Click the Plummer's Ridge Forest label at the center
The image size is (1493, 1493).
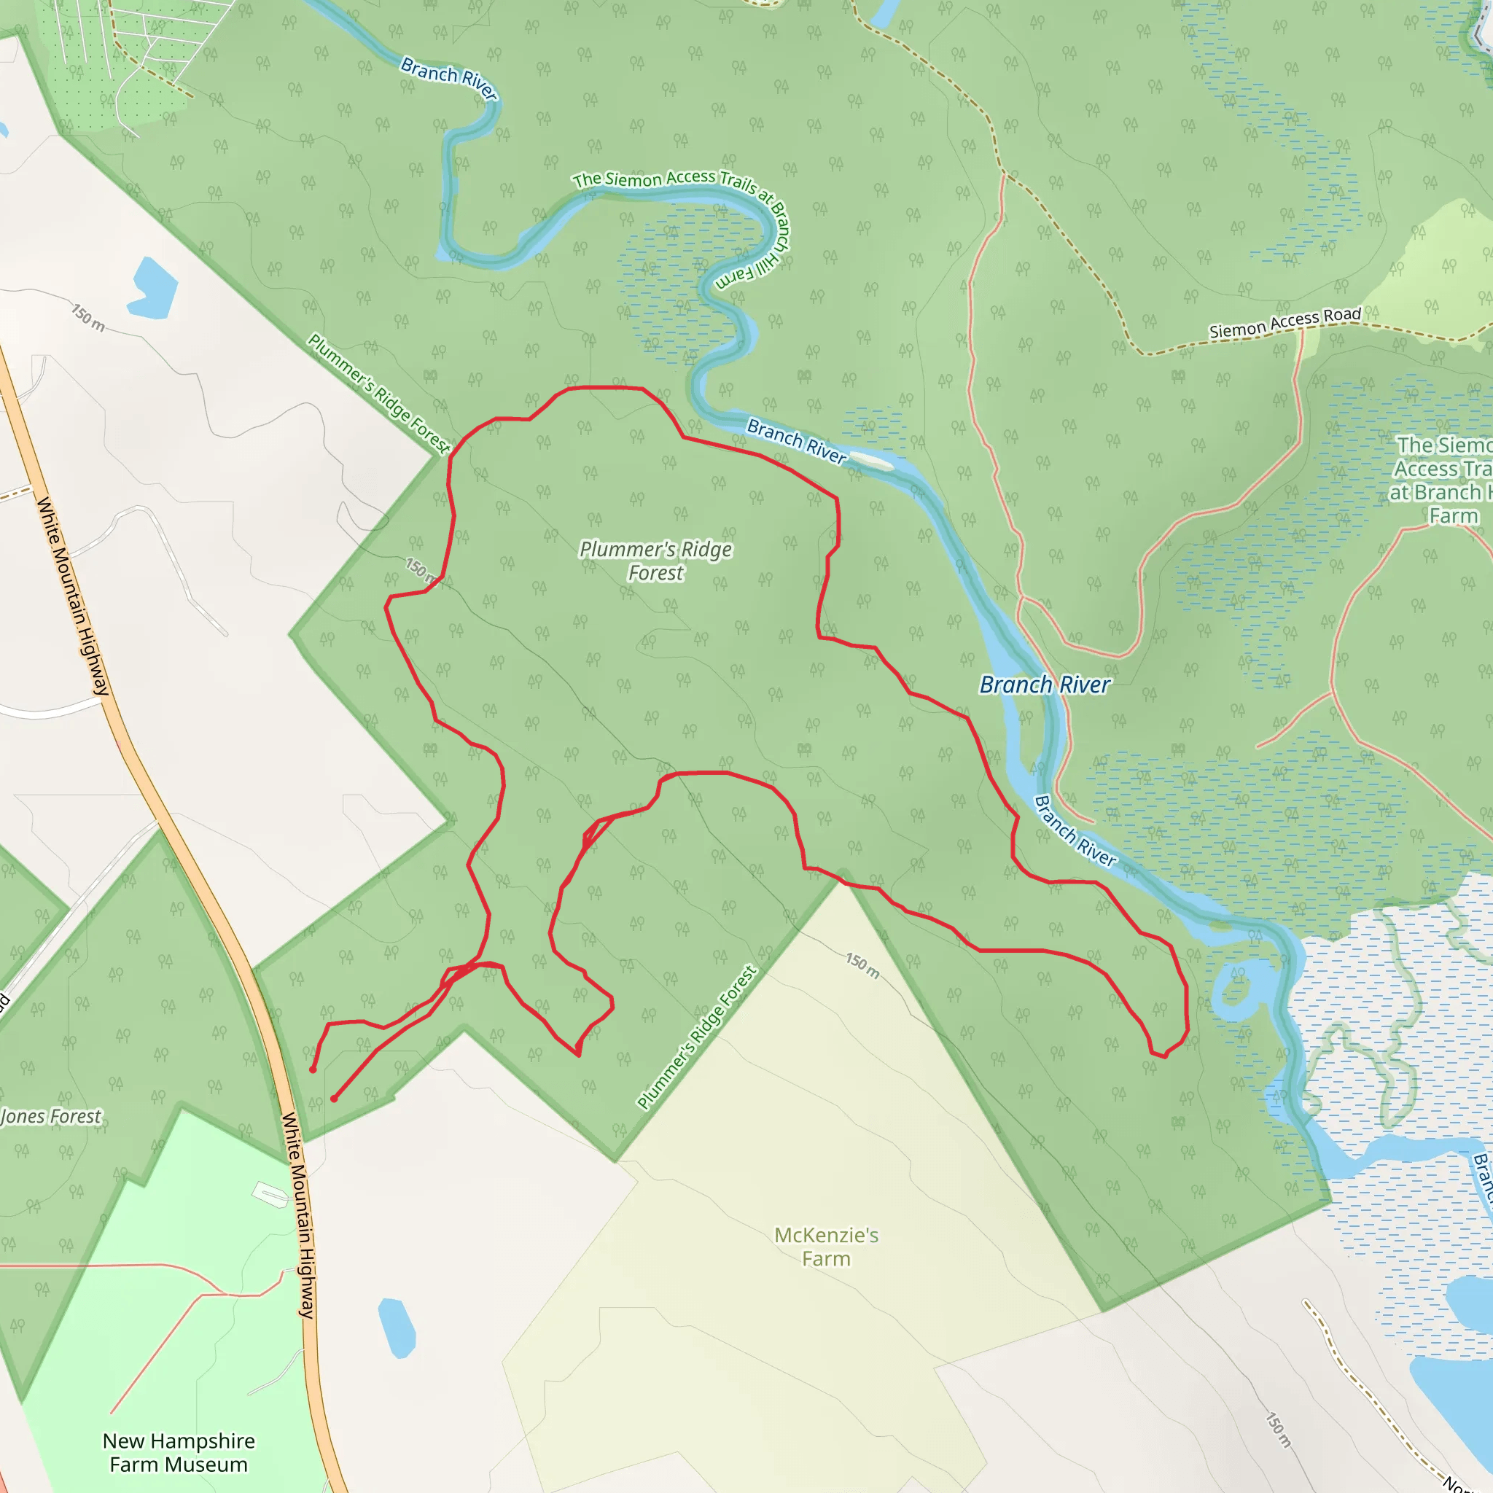(x=655, y=561)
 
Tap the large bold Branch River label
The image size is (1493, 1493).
(x=1044, y=685)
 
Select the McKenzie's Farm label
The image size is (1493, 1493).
(x=826, y=1247)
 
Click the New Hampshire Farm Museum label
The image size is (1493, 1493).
(x=179, y=1452)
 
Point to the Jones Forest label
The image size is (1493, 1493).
(x=51, y=1117)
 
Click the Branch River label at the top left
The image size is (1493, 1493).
(x=448, y=77)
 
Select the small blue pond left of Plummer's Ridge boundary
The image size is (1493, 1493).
(x=152, y=289)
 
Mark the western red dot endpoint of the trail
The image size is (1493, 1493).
(x=312, y=1069)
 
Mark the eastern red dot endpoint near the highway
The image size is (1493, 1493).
(x=334, y=1098)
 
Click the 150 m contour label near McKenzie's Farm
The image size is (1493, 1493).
(x=862, y=965)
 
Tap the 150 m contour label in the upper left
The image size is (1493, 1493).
(x=88, y=318)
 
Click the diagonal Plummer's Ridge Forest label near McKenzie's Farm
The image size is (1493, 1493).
(x=697, y=1037)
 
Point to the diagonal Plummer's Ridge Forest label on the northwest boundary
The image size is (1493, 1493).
(x=378, y=394)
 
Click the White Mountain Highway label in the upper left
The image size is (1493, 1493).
(x=74, y=596)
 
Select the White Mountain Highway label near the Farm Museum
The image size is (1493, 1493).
(x=297, y=1214)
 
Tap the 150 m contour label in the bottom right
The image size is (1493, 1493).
(x=1277, y=1430)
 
